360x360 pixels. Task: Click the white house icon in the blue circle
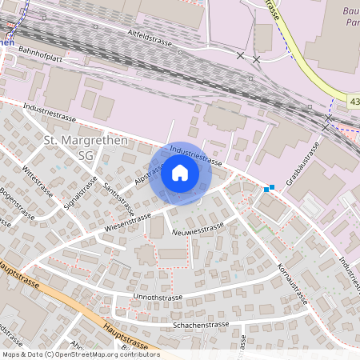point(180,172)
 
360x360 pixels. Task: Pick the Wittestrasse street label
point(38,182)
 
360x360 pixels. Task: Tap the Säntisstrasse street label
point(118,197)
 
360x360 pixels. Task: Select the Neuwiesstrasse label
point(198,230)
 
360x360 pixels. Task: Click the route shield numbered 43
point(354,100)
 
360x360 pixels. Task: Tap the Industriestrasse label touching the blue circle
point(196,155)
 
